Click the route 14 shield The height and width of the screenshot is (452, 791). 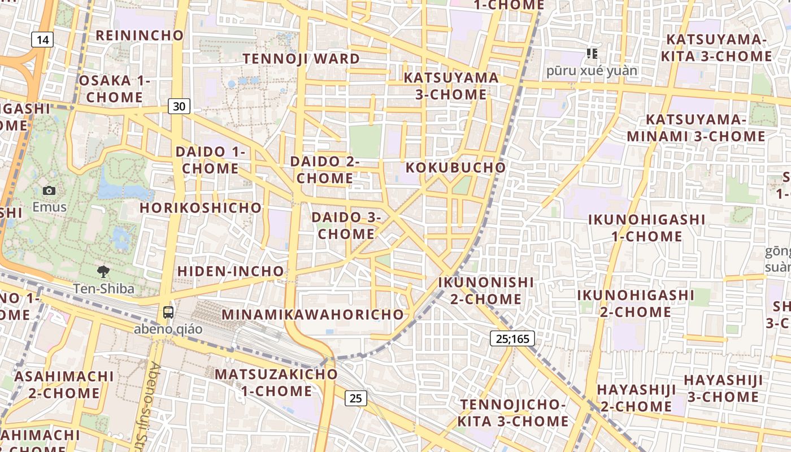tap(42, 40)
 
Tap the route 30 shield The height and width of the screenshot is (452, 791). tap(179, 106)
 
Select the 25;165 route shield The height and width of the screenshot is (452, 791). tap(512, 339)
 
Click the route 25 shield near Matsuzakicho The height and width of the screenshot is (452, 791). tap(355, 398)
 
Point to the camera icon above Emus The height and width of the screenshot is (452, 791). tap(49, 191)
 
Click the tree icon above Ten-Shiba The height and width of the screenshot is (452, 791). tap(103, 272)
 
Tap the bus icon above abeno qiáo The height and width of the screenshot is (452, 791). tap(168, 312)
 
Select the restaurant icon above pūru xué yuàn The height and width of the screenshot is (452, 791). tap(592, 54)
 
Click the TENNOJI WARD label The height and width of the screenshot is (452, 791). tap(301, 59)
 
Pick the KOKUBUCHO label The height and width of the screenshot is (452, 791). tap(455, 168)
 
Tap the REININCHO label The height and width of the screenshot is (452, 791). tap(140, 36)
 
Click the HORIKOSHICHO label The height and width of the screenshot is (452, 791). tap(201, 208)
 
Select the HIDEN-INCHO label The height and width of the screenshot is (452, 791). tap(231, 271)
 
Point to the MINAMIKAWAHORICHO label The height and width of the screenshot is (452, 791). tap(314, 315)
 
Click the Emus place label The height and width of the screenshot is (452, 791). tap(49, 207)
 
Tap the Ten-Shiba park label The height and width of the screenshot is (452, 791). tap(104, 289)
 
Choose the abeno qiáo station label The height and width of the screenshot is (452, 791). tap(168, 329)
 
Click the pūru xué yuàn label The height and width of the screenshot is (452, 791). tap(592, 71)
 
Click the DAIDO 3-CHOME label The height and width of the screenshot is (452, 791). tap(346, 225)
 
